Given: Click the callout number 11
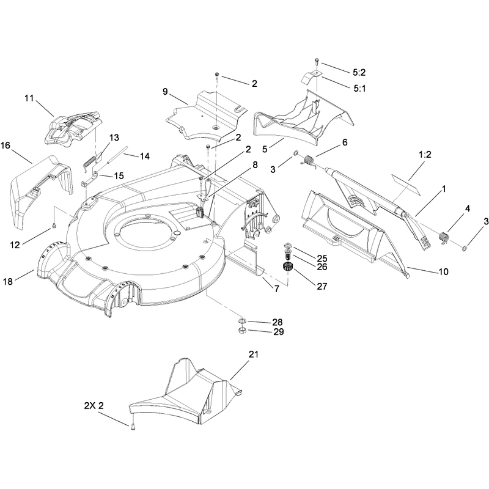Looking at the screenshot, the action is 29,98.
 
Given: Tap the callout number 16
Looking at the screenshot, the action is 6,145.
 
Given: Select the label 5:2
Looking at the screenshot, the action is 359,72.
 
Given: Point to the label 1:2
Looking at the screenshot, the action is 425,155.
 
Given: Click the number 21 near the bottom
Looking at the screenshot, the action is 254,355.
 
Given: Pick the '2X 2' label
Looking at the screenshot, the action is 94,405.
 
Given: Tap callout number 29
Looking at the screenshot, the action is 279,332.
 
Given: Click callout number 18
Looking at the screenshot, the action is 8,281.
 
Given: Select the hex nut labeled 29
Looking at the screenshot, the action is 243,330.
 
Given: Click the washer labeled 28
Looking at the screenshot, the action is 242,320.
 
